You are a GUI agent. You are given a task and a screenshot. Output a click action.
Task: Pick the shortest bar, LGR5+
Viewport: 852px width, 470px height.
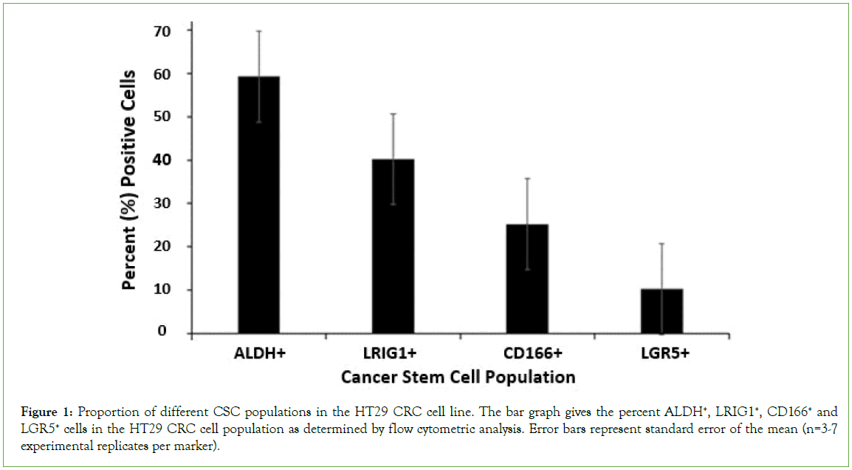coord(661,310)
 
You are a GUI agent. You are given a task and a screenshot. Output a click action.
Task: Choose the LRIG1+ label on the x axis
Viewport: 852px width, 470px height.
coord(393,354)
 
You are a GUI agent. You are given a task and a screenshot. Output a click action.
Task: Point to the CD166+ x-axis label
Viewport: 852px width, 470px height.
coord(526,354)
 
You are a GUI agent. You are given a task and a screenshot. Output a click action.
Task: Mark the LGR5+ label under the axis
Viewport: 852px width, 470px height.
coord(661,354)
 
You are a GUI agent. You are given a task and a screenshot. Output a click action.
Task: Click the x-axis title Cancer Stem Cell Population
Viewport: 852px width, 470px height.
coord(458,377)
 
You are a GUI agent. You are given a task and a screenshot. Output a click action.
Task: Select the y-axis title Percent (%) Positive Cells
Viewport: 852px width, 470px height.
coord(129,180)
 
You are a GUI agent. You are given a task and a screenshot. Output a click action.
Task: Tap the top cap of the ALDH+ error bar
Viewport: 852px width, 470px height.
coord(258,31)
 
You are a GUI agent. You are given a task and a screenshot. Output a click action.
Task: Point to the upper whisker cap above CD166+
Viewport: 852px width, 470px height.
coord(526,178)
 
